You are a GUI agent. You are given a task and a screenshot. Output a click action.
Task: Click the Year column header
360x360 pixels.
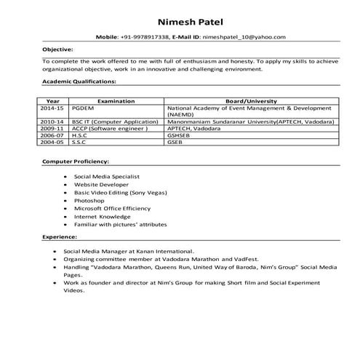(52, 100)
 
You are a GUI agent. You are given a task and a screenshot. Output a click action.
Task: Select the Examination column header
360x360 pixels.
(116, 100)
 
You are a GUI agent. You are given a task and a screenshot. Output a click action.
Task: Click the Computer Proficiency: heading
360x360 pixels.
(76, 160)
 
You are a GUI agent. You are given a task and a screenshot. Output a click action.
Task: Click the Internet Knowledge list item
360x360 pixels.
(103, 217)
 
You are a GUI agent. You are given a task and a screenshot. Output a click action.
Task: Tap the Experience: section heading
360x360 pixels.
(60, 237)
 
